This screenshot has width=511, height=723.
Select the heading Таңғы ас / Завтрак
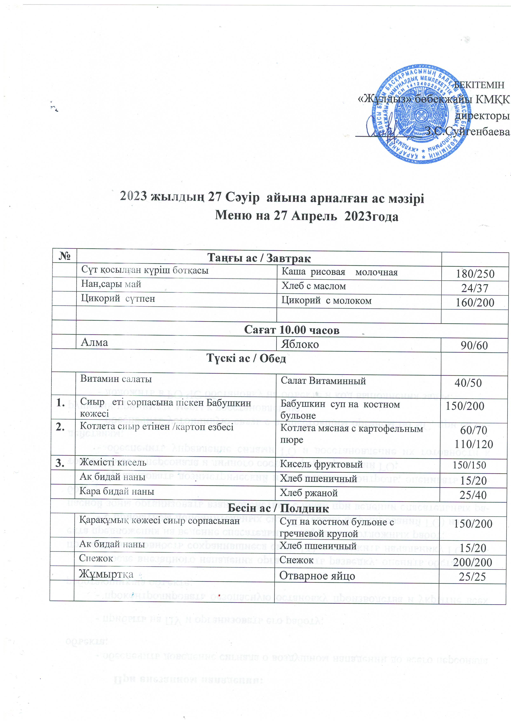click(259, 258)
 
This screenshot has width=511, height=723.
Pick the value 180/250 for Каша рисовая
click(475, 274)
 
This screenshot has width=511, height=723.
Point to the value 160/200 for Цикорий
click(475, 302)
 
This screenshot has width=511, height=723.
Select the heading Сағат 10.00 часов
click(292, 330)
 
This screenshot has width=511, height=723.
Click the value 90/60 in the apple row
click(474, 345)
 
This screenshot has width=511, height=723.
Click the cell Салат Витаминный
click(323, 381)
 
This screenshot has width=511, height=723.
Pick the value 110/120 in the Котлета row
click(473, 444)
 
